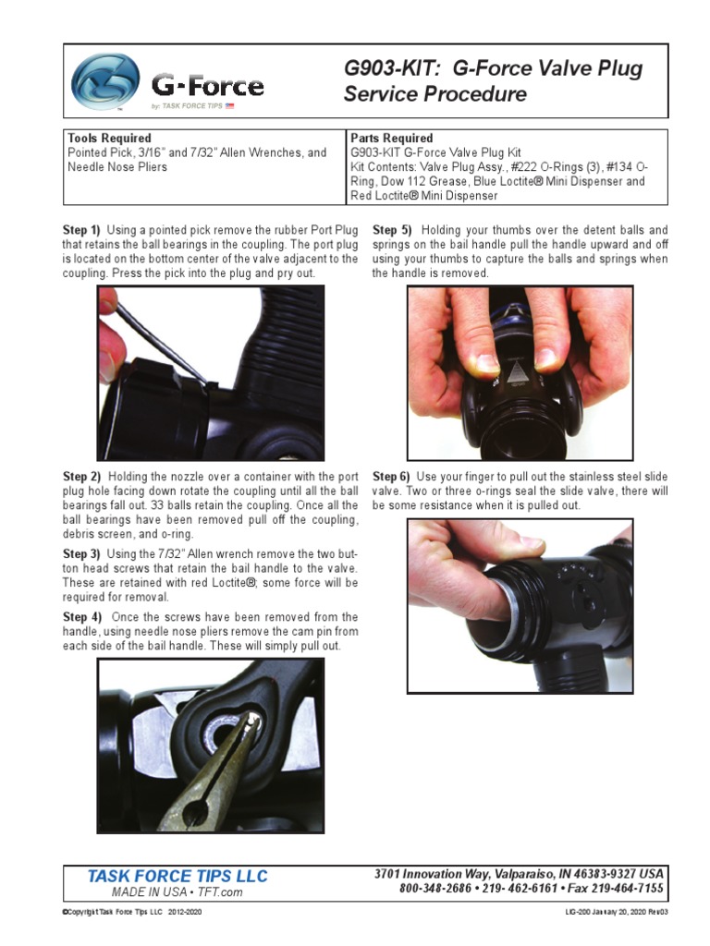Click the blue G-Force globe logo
pos(105,80)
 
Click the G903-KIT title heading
pos(492,81)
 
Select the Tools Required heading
pos(109,139)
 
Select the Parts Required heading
pos(392,139)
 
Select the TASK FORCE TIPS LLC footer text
pos(177,876)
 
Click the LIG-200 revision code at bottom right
pos(616,912)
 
